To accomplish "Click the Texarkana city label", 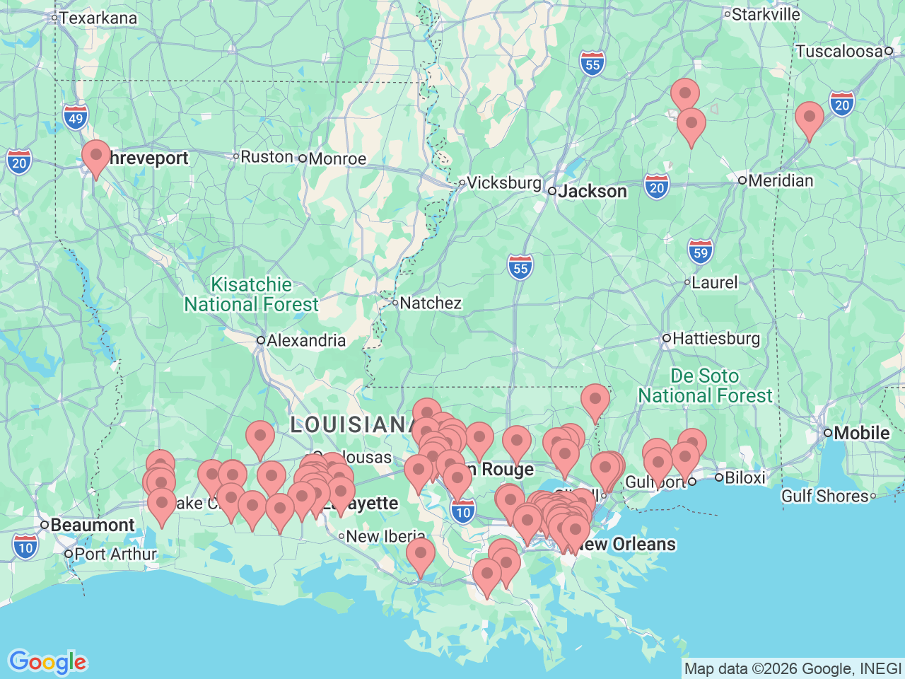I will pyautogui.click(x=98, y=18).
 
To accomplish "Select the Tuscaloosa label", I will pyautogui.click(x=839, y=51).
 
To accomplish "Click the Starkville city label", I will pyautogui.click(x=766, y=14).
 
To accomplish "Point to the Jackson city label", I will pyautogui.click(x=592, y=192).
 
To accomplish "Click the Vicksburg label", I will pyautogui.click(x=503, y=182).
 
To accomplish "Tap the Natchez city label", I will pyautogui.click(x=430, y=303).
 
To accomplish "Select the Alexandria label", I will pyautogui.click(x=305, y=341).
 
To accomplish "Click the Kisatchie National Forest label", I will pyautogui.click(x=252, y=295).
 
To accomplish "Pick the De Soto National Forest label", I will pyautogui.click(x=705, y=386).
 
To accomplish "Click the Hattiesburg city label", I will pyautogui.click(x=716, y=339).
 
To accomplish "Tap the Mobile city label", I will pyautogui.click(x=861, y=433).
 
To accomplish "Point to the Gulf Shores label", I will pyautogui.click(x=824, y=496).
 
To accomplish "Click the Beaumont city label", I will pyautogui.click(x=92, y=526).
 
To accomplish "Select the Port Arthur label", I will pyautogui.click(x=115, y=554).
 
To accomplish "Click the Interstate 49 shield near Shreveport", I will pyautogui.click(x=76, y=118).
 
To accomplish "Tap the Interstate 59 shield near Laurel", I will pyautogui.click(x=700, y=252).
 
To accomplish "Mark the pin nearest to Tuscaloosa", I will pyautogui.click(x=810, y=119).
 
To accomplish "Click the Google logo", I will pyautogui.click(x=47, y=663).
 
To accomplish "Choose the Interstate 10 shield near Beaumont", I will pyautogui.click(x=25, y=547).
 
